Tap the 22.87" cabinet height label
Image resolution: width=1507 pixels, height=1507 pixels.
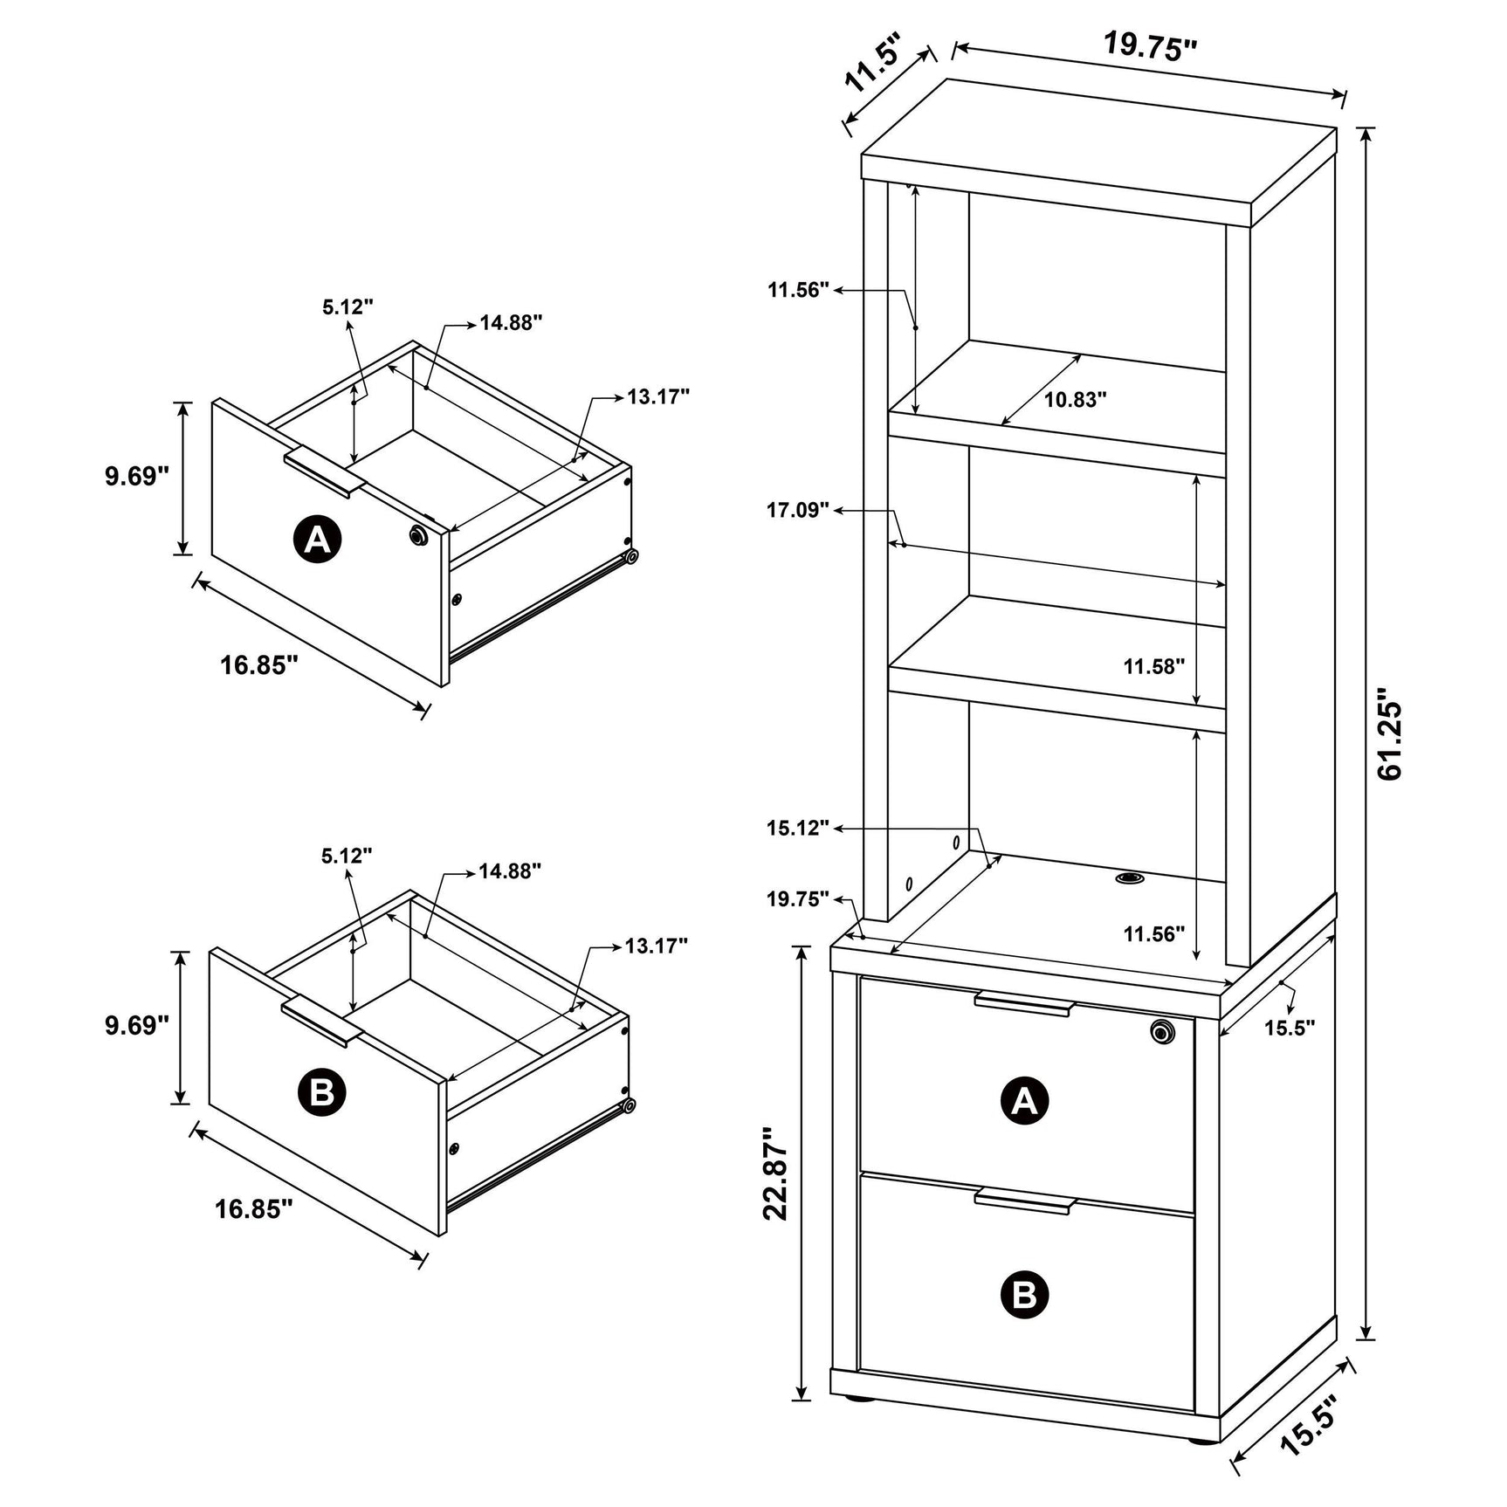776,1173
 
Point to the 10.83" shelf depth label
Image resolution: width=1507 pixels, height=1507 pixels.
1076,400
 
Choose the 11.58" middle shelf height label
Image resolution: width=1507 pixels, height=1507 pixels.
1153,667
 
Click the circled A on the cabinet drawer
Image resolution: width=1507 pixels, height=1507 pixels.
1024,1100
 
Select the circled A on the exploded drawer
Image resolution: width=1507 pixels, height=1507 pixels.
317,540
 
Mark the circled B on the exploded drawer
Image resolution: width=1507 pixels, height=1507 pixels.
321,1091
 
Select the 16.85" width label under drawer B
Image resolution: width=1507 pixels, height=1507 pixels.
253,1209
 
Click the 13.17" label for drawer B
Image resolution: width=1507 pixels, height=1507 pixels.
656,946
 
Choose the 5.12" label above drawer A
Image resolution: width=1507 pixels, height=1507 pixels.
348,307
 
